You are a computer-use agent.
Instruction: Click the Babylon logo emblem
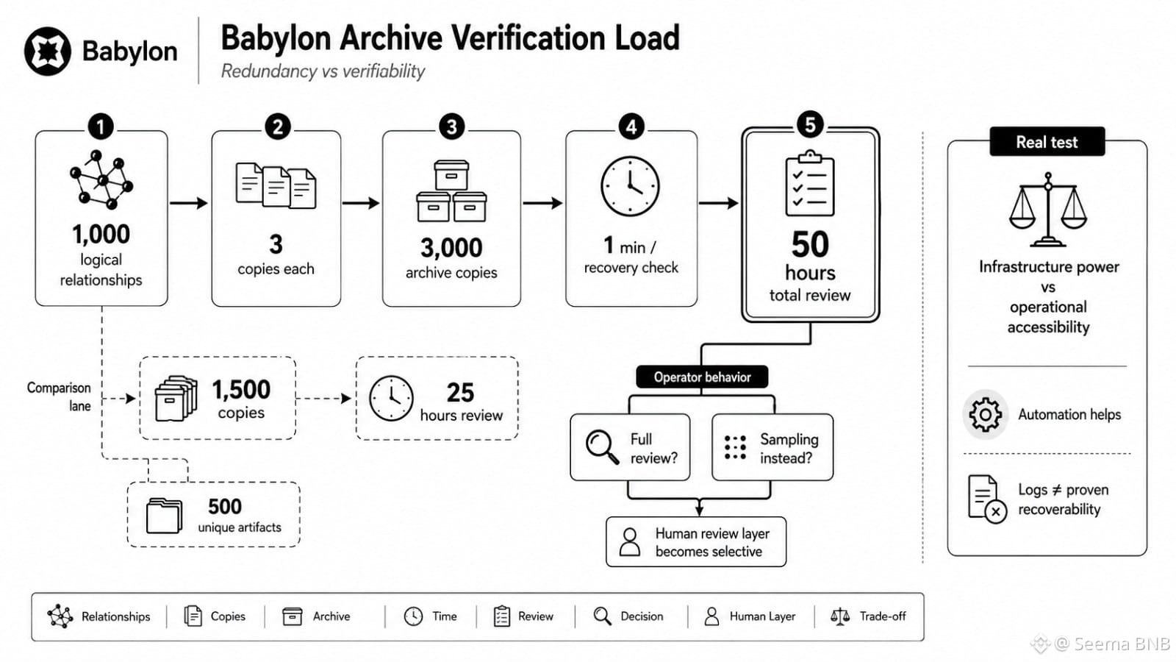[x=47, y=51]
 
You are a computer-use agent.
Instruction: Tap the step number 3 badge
[x=451, y=127]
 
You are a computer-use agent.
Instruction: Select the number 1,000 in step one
[x=101, y=235]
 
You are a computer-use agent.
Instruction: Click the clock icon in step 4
[x=630, y=186]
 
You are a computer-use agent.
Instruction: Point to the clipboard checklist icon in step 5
[x=809, y=183]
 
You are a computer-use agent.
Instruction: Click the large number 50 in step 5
[x=810, y=245]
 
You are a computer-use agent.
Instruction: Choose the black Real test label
[x=1047, y=142]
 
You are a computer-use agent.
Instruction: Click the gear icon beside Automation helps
[x=985, y=415]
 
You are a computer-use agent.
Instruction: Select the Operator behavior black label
[x=702, y=377]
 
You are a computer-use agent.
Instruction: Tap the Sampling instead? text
[x=789, y=449]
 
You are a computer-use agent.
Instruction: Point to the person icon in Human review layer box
[x=629, y=541]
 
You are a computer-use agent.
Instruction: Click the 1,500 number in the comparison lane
[x=241, y=390]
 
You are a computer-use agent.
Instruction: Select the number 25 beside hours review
[x=460, y=393]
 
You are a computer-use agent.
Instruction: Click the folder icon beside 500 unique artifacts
[x=165, y=516]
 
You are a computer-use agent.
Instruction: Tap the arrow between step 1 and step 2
[x=188, y=203]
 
